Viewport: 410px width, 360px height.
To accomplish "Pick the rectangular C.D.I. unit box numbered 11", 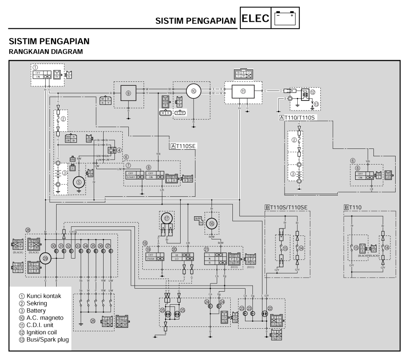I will [x=243, y=92].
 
